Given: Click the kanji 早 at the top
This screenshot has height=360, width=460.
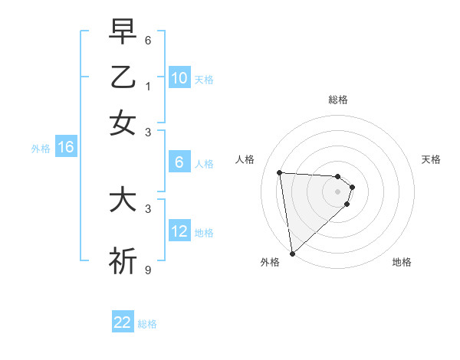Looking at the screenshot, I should tap(123, 32).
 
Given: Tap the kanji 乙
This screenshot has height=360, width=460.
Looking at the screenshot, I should tap(123, 77).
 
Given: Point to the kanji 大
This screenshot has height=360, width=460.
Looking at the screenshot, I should tap(123, 201).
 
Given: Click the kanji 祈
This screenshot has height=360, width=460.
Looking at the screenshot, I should tap(123, 260).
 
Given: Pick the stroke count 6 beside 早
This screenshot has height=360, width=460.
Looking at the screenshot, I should tap(148, 39).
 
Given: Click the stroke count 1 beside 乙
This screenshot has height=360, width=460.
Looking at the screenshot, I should tap(148, 86).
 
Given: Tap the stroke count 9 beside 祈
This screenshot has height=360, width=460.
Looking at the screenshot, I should tap(148, 269).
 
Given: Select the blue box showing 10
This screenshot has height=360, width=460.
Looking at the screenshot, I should tap(179, 78).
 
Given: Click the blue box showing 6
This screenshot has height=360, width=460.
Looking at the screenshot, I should tap(179, 162).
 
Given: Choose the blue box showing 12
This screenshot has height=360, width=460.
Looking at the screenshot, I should tap(179, 231).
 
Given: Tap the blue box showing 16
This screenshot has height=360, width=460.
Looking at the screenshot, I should tap(66, 148).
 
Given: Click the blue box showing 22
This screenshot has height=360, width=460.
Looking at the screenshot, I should tap(123, 322).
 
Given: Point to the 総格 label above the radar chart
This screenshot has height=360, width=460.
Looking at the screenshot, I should tap(337, 100).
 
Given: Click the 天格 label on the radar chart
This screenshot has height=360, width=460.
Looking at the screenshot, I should tap(431, 159).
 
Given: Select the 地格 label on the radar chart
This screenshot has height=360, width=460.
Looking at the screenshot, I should tap(402, 262).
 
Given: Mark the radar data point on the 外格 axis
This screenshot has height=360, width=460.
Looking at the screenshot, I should tap(292, 253).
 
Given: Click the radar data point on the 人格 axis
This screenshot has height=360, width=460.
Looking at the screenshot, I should tap(280, 172).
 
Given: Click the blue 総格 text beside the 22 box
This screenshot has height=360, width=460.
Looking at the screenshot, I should tap(147, 324).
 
